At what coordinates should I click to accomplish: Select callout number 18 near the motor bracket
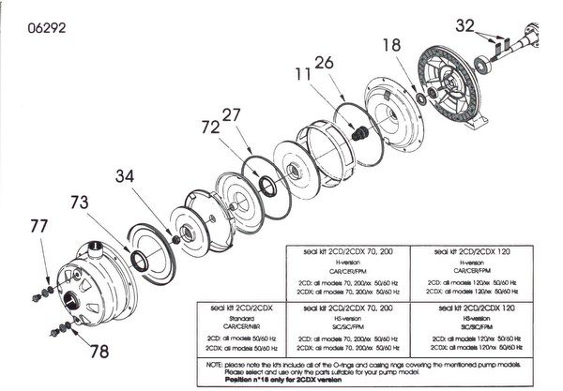pos(392,45)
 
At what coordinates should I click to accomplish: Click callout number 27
pos(234,113)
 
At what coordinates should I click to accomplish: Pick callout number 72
pos(210,125)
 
